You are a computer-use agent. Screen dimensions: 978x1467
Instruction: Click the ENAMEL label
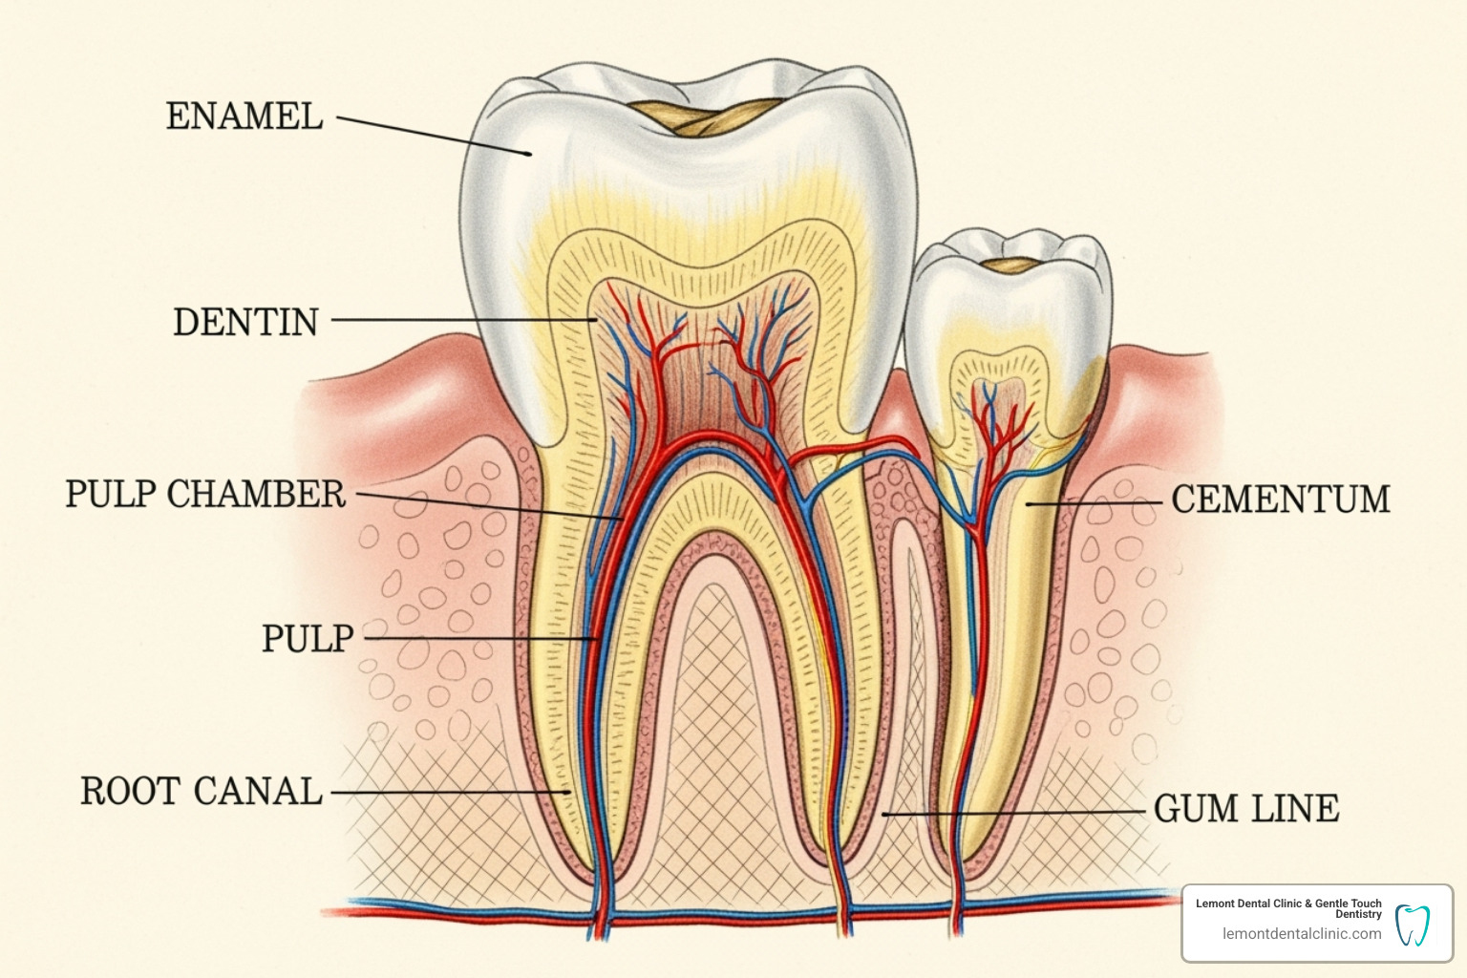click(244, 117)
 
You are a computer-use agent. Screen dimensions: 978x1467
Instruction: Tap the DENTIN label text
click(245, 323)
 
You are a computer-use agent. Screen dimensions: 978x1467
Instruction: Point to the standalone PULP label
click(308, 638)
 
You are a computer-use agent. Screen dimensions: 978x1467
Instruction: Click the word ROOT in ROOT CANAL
click(129, 792)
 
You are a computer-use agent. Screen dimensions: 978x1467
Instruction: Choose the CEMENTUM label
click(1280, 500)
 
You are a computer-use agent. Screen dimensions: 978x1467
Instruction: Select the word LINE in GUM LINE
click(1294, 809)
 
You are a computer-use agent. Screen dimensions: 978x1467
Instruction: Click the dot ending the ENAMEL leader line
click(528, 153)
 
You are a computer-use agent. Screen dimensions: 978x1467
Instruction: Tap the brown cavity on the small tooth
click(1012, 265)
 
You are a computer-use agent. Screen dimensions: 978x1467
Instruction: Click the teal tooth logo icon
click(1412, 925)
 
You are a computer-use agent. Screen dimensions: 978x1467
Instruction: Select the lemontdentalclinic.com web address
click(1301, 934)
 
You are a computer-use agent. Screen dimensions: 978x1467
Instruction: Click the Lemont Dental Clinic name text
click(1287, 908)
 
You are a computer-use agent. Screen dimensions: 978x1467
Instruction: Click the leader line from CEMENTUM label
click(1098, 501)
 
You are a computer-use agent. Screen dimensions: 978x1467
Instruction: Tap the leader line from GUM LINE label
click(1012, 813)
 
